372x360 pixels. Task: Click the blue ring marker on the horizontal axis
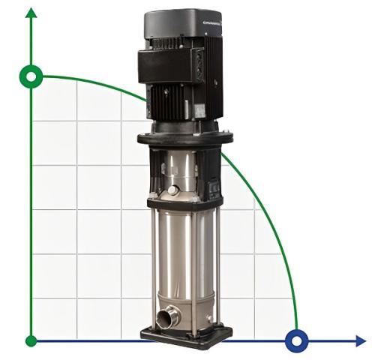pyautogui.click(x=298, y=341)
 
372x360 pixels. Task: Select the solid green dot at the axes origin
pyautogui.click(x=31, y=341)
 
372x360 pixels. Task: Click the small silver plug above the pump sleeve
pyautogui.click(x=173, y=190)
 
